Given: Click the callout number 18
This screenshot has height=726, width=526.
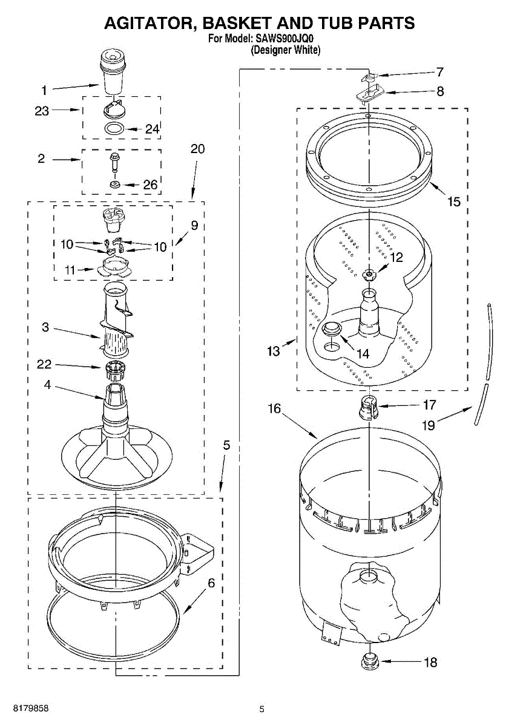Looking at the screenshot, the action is click(430, 662).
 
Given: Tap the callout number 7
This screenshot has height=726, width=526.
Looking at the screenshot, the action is click(439, 71).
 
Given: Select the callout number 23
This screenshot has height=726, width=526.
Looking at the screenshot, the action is click(42, 111).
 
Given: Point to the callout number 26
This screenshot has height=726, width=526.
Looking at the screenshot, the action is click(150, 185).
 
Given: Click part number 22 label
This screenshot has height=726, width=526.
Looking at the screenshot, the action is click(44, 364).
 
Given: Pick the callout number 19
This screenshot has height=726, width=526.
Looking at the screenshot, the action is click(429, 425).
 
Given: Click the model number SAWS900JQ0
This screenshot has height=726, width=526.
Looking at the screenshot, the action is click(284, 39).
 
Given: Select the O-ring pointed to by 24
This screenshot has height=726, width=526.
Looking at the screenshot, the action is click(114, 129).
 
